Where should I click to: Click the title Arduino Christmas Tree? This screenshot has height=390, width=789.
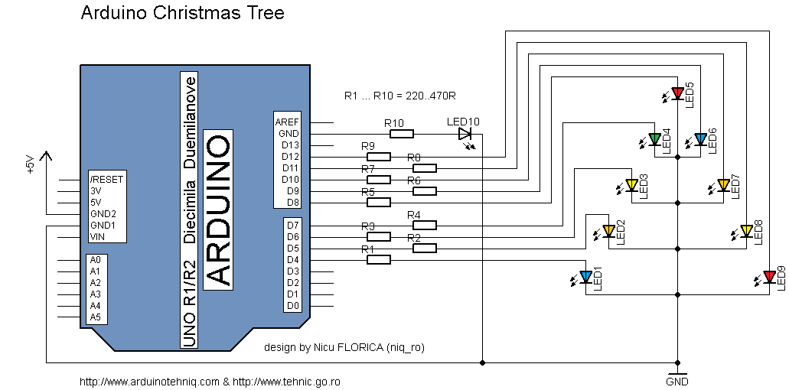point(182,14)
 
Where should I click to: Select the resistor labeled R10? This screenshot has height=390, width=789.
point(401,134)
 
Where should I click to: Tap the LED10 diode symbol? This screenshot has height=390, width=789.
point(465,134)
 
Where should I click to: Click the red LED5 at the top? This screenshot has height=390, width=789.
point(677,93)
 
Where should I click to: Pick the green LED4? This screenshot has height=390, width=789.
point(654,139)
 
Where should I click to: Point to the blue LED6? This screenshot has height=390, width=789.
point(700,139)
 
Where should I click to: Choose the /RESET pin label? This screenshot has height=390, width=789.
point(106,180)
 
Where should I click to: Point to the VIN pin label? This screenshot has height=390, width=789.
point(97,237)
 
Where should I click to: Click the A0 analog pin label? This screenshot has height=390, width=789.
point(95,260)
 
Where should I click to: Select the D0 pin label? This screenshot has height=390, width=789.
point(292,306)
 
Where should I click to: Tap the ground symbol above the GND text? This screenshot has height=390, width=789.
point(677,372)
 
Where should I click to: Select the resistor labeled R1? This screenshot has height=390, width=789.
point(378,260)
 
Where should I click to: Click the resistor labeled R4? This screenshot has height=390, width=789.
point(424,226)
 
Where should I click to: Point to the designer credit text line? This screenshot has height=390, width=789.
point(344,347)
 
